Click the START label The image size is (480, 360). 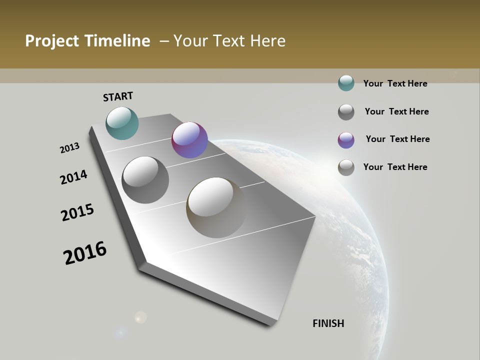(118, 96)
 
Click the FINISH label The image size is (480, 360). (328, 323)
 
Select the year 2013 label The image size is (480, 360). (70, 148)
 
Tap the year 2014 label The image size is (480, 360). (74, 177)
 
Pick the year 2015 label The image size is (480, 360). (77, 212)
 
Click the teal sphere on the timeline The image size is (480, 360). (122, 123)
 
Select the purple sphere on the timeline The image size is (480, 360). (189, 140)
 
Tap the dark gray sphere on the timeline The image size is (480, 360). (145, 180)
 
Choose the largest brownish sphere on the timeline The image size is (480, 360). (216, 207)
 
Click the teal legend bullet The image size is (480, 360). (346, 83)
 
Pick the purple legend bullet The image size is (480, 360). (346, 140)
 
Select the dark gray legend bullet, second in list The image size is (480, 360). (346, 112)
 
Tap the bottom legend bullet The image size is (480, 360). (346, 167)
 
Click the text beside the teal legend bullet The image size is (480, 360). (395, 83)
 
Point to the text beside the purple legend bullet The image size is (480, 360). (397, 139)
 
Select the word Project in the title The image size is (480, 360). (51, 41)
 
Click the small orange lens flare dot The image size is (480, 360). (141, 317)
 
